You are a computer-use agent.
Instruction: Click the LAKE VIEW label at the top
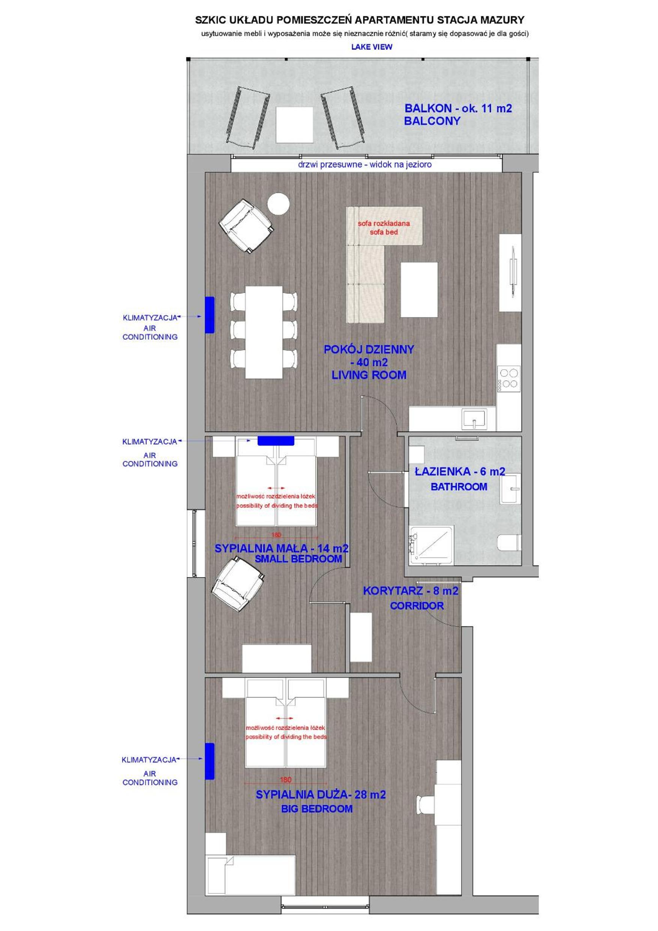pos(372,47)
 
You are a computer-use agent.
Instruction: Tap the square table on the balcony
pos(295,125)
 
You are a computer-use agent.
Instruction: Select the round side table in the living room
pos(278,203)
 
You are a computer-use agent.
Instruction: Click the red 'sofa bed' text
pos(384,232)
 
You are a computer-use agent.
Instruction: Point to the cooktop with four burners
pos(509,378)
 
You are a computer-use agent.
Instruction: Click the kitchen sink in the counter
pos(474,419)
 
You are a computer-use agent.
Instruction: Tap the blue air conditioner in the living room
pos(209,315)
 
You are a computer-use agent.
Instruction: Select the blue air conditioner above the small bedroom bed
pos(276,441)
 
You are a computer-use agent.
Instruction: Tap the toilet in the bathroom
pos(509,543)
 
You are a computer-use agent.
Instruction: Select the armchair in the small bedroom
pos(237,584)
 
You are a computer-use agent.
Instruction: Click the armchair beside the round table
pos(246,226)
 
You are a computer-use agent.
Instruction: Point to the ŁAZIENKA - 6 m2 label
pos(460,472)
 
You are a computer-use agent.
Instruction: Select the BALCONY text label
pos(432,121)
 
